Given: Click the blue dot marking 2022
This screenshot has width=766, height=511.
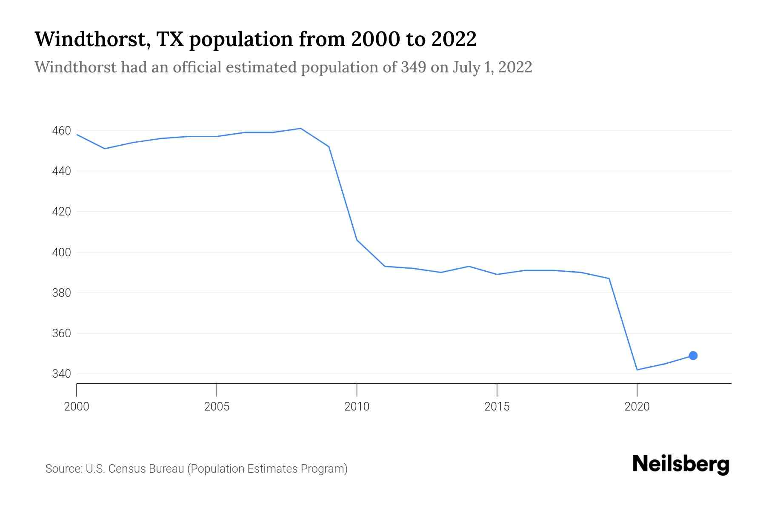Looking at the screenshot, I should tap(693, 356).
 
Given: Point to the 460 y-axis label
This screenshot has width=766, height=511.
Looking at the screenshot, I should tap(61, 131).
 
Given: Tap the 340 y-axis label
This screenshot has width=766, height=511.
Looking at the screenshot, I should tap(61, 374).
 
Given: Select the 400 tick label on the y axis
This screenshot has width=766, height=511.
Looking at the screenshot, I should tap(61, 253).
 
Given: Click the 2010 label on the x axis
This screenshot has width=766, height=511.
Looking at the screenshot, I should tap(357, 407).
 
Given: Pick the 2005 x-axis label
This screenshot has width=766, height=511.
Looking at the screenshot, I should tap(217, 407).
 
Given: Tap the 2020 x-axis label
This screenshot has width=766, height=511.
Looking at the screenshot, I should tap(637, 407).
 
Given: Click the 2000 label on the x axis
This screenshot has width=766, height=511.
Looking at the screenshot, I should tap(77, 407).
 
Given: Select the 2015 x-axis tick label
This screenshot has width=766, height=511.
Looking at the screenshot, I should tap(497, 407).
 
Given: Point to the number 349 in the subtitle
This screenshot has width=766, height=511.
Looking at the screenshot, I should tap(413, 67).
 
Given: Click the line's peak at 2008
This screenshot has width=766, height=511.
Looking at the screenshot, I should tap(300, 128).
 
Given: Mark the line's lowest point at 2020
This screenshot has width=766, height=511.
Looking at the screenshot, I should tap(637, 370).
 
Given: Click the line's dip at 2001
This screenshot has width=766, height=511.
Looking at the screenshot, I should tap(105, 149).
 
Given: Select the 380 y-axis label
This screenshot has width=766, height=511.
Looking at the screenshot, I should tap(61, 293).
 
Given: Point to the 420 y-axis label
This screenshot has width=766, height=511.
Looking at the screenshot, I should tap(61, 212).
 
